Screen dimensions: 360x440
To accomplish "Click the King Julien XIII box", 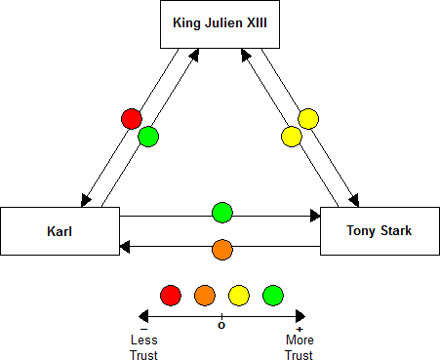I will point(219,23).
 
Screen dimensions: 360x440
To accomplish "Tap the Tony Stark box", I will point(380,231).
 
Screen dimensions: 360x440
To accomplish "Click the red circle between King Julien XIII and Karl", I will point(132,119).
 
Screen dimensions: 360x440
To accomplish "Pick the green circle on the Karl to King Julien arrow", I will point(148,136).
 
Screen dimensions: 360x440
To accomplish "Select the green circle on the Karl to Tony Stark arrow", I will point(222,212).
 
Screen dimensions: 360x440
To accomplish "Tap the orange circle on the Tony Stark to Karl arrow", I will point(222,250).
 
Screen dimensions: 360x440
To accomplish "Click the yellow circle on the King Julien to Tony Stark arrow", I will point(308,120).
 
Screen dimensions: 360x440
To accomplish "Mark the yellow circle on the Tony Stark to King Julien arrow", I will point(291,136).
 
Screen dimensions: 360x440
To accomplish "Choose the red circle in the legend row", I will point(171,294).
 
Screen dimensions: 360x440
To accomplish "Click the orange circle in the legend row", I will point(204,294).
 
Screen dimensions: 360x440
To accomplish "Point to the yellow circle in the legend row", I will point(238,294).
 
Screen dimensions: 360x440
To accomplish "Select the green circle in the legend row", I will point(272,294).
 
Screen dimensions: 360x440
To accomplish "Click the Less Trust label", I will point(143,348).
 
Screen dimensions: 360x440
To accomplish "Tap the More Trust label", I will point(299,348).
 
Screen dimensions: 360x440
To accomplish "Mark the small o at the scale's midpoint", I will point(221,325).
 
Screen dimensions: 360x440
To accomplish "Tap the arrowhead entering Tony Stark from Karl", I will point(314,215).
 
